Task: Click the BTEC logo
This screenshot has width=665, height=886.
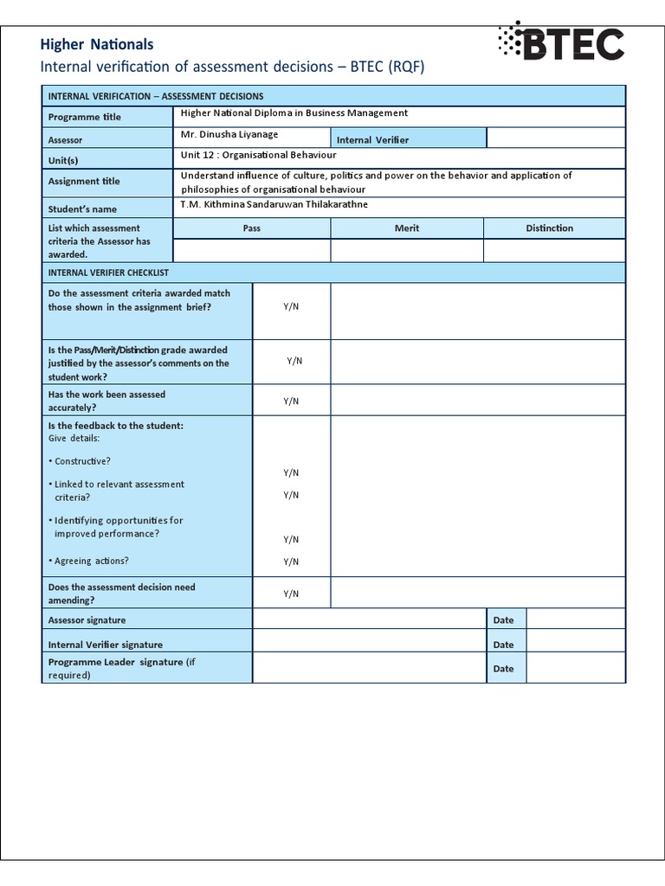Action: click(x=560, y=42)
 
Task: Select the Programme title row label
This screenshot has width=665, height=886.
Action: click(x=85, y=117)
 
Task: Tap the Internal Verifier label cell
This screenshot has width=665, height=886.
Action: click(x=372, y=139)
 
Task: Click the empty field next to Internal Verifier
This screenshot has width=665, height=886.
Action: click(x=555, y=138)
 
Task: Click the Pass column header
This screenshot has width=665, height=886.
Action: click(x=252, y=228)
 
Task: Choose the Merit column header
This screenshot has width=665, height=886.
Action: click(x=406, y=228)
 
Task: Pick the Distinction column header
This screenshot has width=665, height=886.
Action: click(x=550, y=228)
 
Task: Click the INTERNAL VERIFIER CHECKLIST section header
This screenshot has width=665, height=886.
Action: click(x=108, y=272)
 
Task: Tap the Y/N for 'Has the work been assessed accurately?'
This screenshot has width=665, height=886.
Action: click(x=291, y=401)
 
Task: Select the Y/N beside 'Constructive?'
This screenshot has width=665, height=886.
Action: click(x=291, y=472)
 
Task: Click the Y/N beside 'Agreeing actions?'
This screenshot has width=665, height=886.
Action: click(x=291, y=562)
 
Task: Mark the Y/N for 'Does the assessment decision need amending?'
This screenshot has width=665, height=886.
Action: click(x=291, y=594)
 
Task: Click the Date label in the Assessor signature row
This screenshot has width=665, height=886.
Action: click(x=503, y=620)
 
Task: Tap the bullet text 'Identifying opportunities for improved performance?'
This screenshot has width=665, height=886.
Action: click(x=118, y=527)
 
